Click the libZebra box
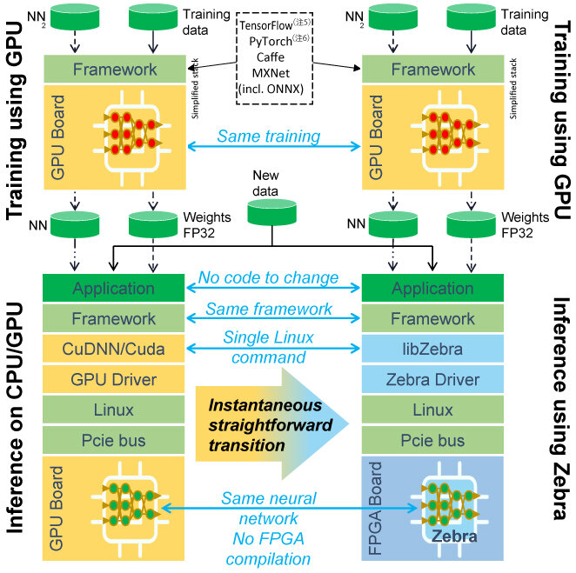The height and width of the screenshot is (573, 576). pos(432,350)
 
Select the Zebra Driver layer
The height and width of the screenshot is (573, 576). pos(432,381)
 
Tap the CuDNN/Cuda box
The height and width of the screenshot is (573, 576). pos(114,350)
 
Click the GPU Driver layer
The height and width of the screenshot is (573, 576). pos(114,381)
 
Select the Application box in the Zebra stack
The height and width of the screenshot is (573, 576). pos(432,289)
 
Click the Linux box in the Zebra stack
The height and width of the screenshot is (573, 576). pos(432,411)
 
